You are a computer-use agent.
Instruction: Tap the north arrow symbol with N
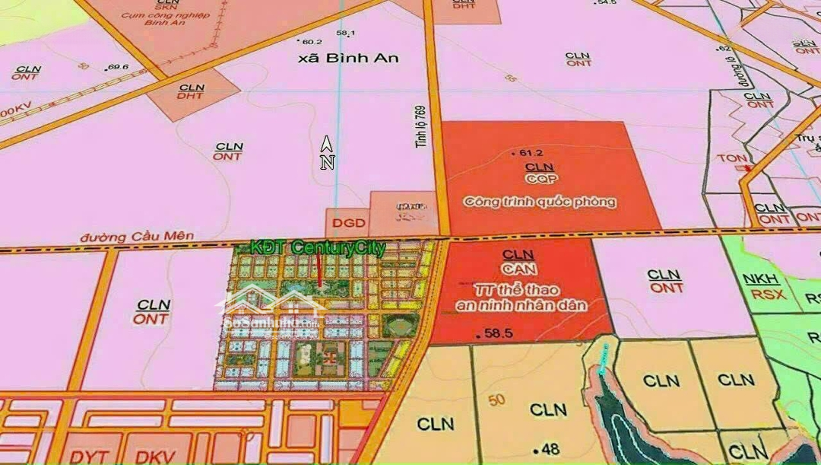point(327,154)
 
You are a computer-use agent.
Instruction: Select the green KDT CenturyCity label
point(318,248)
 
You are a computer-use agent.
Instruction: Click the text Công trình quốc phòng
point(540,202)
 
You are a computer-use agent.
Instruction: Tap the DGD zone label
point(349,224)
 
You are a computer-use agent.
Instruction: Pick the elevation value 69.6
point(117,67)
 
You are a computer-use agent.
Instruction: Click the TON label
point(727,159)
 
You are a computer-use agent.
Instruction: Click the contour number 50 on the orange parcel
point(499,401)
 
